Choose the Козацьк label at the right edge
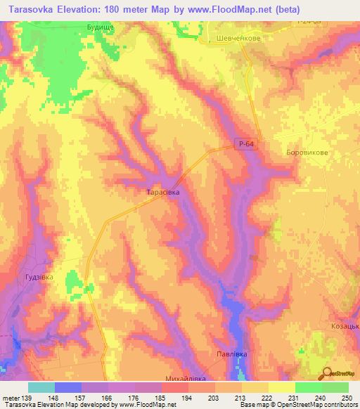coord(345,327)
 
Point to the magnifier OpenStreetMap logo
coord(327,373)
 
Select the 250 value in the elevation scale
coord(345,398)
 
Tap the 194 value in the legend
coord(187,398)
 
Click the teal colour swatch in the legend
coord(41,387)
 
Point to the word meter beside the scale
coord(11,398)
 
